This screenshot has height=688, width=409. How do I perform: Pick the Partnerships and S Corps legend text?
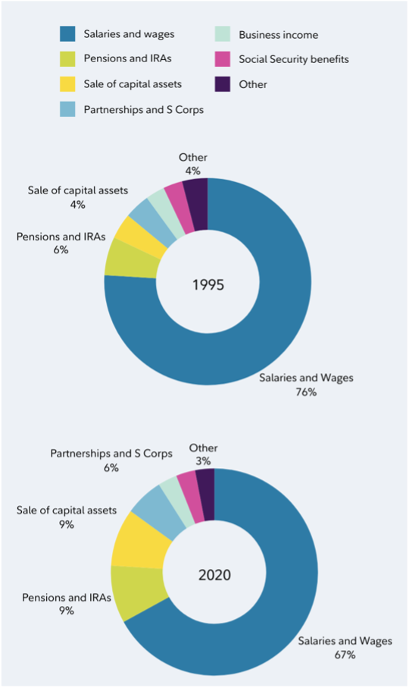tap(144, 109)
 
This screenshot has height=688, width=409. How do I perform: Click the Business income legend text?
tap(278, 35)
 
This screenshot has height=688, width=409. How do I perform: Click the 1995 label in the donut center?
tap(208, 285)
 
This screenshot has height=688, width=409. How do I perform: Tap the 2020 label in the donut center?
tap(214, 574)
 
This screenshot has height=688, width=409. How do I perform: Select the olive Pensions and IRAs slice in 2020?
tap(136, 591)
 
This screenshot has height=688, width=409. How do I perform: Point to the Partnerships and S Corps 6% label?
tap(111, 468)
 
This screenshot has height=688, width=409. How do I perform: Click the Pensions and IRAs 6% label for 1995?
tap(61, 250)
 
